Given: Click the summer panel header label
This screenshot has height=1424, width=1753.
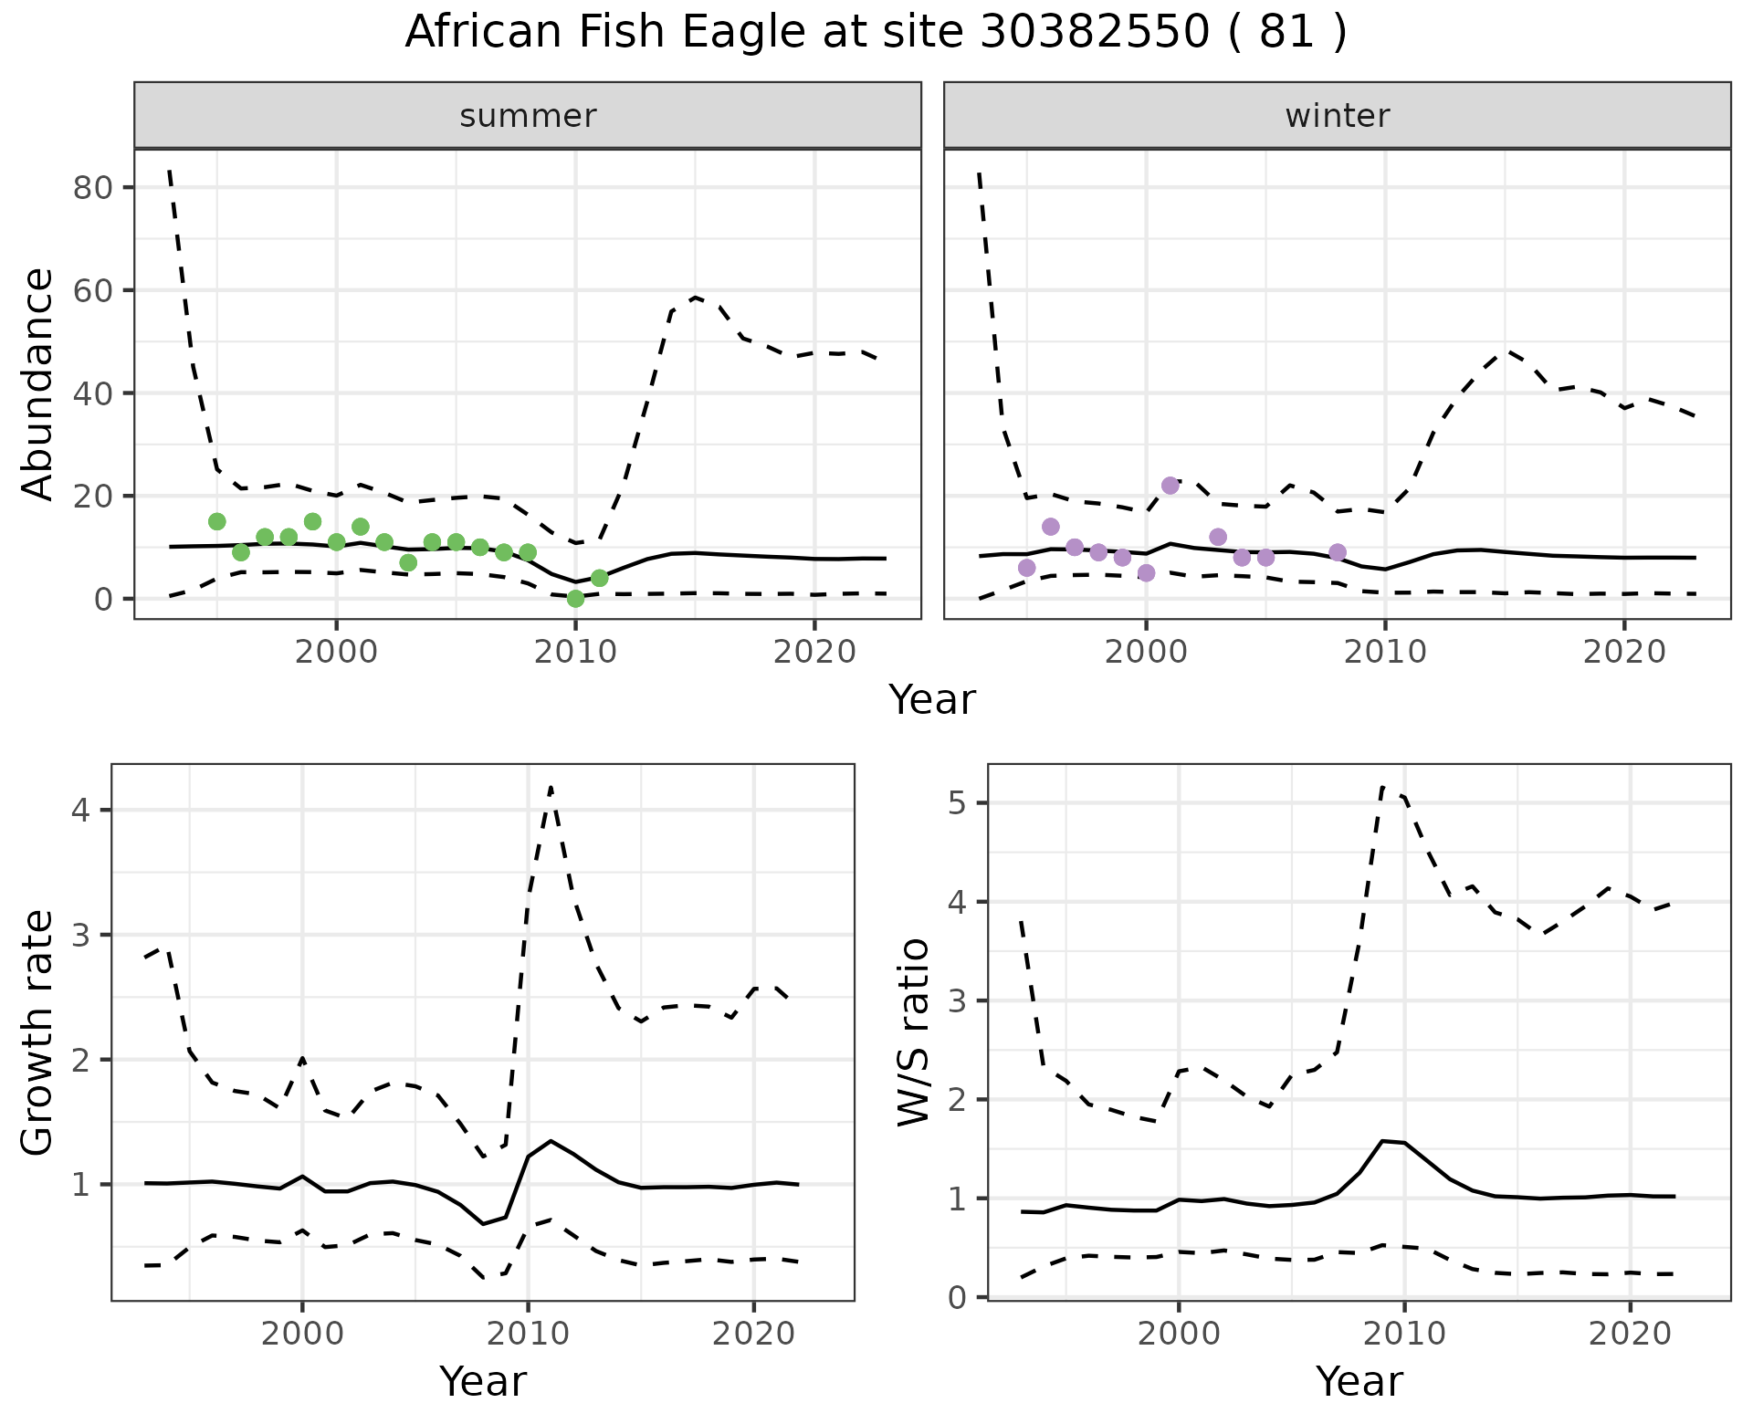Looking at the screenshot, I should (x=528, y=116).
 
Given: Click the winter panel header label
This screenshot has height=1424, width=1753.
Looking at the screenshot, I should (x=1337, y=116).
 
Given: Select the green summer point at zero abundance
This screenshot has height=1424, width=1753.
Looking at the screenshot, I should (x=575, y=599).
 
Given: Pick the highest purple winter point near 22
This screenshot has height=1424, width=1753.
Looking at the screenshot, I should (x=1170, y=486).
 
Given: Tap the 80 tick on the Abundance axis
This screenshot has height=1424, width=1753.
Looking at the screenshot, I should (x=91, y=188).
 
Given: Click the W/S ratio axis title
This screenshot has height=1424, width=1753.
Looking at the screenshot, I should (x=913, y=1033).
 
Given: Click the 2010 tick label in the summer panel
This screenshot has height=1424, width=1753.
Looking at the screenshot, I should (x=575, y=652).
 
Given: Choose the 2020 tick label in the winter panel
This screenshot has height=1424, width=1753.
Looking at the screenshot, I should (x=1624, y=652).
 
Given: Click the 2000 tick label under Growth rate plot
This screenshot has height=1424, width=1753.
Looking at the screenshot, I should (x=302, y=1334).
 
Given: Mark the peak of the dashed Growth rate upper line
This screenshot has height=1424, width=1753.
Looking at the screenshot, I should (x=551, y=787).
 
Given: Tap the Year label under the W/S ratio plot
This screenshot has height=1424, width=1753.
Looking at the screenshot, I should (x=1359, y=1382).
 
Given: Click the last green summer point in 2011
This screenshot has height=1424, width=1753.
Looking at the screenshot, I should (x=599, y=579).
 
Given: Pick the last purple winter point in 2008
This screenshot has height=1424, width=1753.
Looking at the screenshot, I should (x=1338, y=552).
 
